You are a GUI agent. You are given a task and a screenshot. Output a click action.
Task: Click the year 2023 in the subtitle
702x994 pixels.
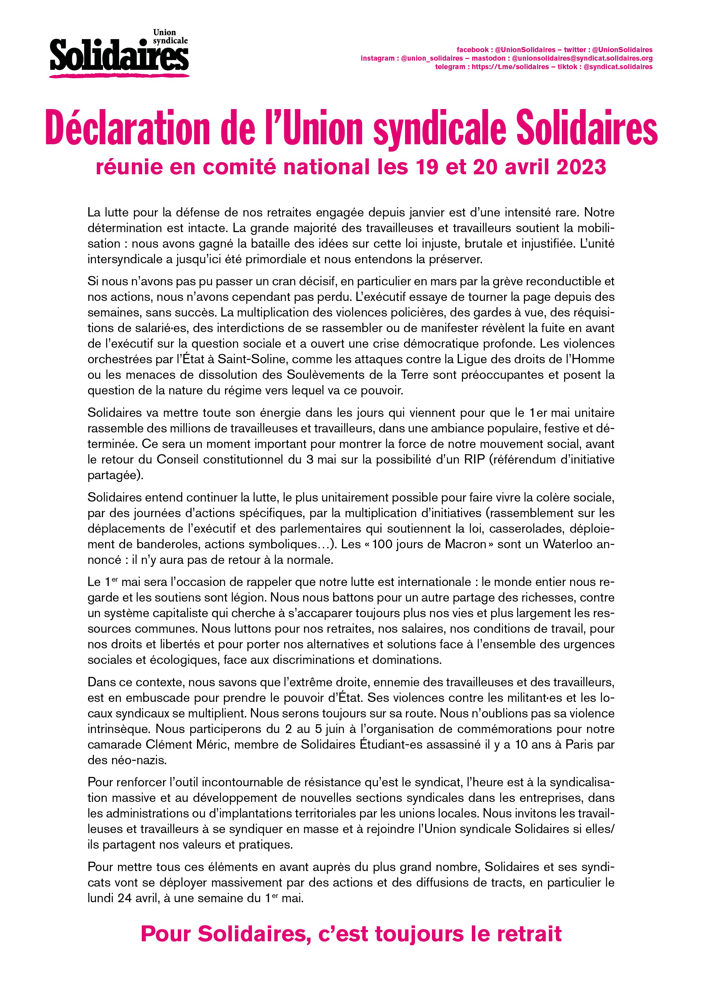[x=581, y=167]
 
